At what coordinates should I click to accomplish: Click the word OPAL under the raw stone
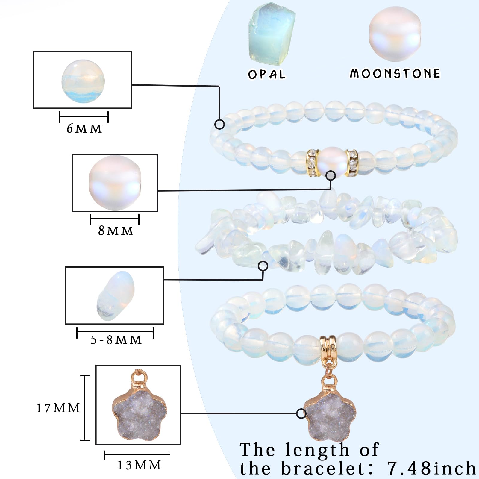[x=267, y=74]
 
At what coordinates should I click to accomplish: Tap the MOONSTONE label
[x=395, y=74]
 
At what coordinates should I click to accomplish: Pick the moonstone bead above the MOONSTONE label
[x=395, y=35]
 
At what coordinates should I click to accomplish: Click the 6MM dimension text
[x=84, y=129]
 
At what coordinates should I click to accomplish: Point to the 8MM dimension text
[x=116, y=231]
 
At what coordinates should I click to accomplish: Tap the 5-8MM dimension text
[x=116, y=340]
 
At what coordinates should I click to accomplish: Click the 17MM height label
[x=58, y=408]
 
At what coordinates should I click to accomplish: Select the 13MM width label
[x=139, y=465]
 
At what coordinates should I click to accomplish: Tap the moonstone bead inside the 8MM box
[x=115, y=183]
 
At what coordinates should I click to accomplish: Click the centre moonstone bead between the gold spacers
[x=332, y=163]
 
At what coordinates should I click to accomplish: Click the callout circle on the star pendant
[x=301, y=414]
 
